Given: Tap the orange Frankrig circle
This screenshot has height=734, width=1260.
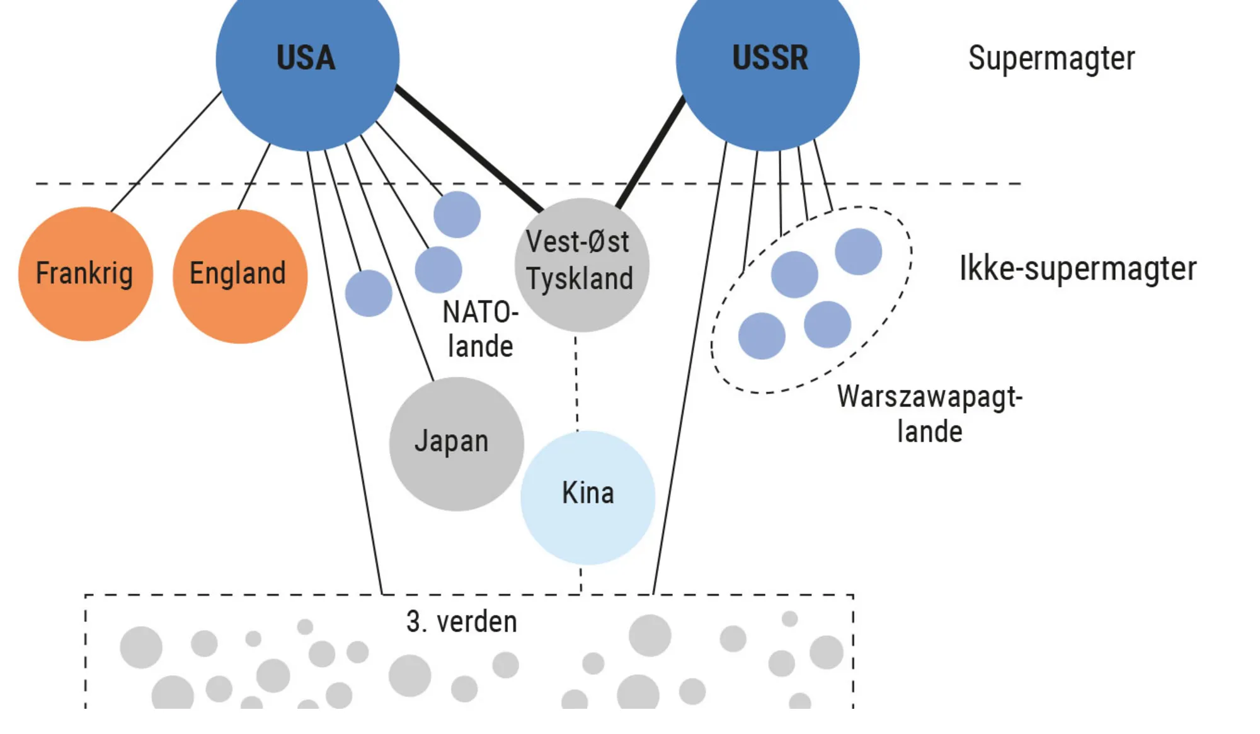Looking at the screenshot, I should [85, 274].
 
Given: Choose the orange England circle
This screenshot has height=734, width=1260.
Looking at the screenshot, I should [239, 276].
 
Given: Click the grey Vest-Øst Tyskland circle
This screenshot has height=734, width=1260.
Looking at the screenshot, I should [581, 265].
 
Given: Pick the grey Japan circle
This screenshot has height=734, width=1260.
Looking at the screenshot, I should [456, 444].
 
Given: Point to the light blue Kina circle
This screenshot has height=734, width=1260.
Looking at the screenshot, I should [587, 498].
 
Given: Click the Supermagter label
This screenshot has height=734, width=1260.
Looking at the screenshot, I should [1051, 59].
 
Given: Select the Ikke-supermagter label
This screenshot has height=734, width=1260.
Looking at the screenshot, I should [1077, 269].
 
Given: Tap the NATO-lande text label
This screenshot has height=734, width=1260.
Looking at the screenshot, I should [480, 329].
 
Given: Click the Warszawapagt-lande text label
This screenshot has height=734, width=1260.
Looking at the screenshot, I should [929, 414].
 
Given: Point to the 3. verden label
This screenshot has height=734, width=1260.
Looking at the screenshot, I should [462, 622].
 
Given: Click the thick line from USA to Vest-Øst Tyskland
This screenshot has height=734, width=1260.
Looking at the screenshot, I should [469, 149].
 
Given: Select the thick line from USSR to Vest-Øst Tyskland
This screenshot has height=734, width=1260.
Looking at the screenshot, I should [650, 152].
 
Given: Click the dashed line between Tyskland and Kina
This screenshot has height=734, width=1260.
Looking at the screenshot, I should [576, 381].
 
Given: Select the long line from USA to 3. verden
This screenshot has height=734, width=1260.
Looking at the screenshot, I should [345, 378].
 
